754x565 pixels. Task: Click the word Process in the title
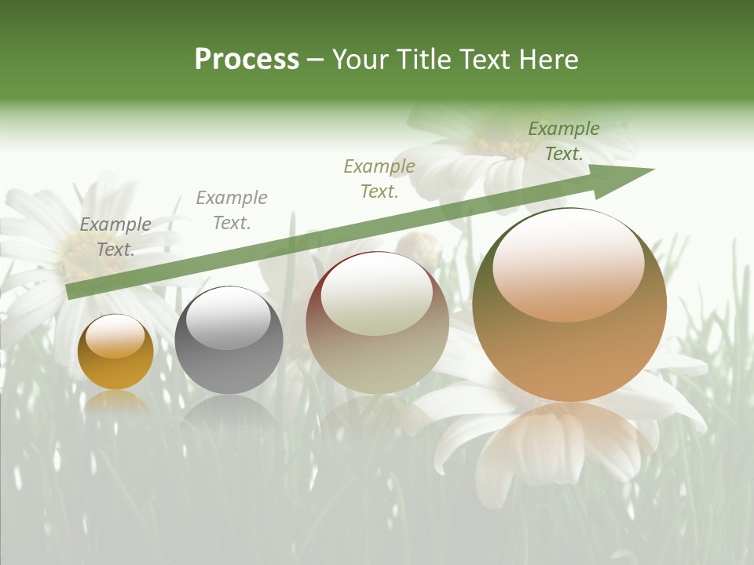pyautogui.click(x=247, y=60)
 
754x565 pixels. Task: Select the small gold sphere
pyautogui.click(x=115, y=352)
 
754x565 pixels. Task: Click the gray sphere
pyautogui.click(x=229, y=341)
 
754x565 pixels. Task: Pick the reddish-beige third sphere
pyautogui.click(x=377, y=323)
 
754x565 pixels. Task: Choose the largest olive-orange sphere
pyautogui.click(x=569, y=305)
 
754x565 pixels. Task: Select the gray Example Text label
pyautogui.click(x=231, y=210)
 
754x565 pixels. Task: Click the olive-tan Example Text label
pyautogui.click(x=379, y=178)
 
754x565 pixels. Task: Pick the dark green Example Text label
pyautogui.click(x=564, y=141)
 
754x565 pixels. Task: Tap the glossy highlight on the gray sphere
pyautogui.click(x=228, y=318)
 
